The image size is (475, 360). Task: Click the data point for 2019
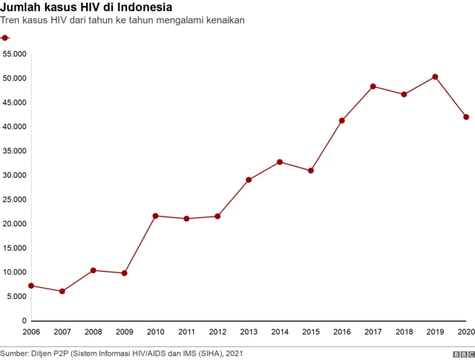click(x=435, y=76)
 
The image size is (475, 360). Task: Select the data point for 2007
click(x=62, y=291)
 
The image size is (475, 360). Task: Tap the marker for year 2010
click(x=155, y=216)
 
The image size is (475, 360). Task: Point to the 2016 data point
click(x=341, y=120)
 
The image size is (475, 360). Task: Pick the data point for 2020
click(x=466, y=117)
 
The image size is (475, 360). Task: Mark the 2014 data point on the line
click(x=280, y=162)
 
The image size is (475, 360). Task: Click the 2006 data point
click(x=31, y=286)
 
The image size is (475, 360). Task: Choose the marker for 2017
click(x=373, y=86)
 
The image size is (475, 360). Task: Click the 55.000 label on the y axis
click(x=15, y=54)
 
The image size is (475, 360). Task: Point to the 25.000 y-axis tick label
click(x=15, y=200)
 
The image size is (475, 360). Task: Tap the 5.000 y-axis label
click(x=17, y=296)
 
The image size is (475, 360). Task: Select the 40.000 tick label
click(x=15, y=127)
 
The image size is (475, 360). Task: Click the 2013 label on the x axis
click(x=249, y=331)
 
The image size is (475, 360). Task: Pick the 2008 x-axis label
click(x=94, y=331)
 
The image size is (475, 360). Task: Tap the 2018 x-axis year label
click(x=404, y=331)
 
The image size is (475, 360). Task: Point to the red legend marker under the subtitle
click(x=5, y=37)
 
